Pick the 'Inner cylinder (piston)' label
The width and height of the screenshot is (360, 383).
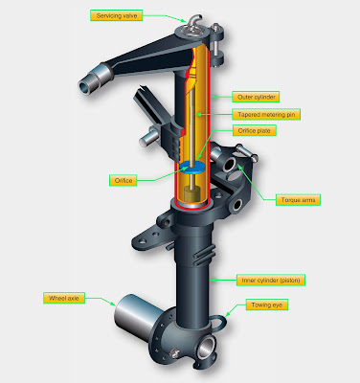tap(279, 281)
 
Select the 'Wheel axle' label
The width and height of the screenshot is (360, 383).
tap(63, 299)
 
